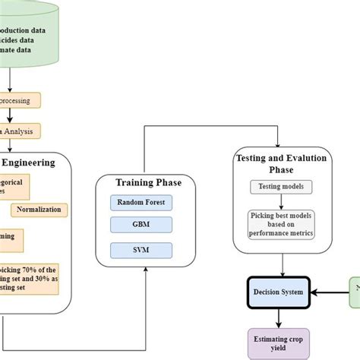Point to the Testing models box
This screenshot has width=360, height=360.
[x=282, y=187]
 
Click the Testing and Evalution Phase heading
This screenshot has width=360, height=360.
[x=282, y=163]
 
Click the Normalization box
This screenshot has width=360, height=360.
[x=39, y=210]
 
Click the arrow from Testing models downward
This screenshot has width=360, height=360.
[x=282, y=201]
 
